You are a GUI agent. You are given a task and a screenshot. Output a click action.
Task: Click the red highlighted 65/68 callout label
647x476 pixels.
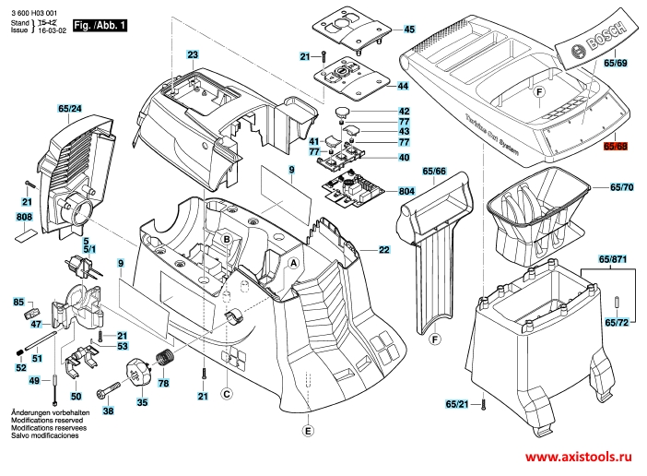[x=616, y=147]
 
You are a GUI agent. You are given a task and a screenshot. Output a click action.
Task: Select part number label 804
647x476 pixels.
[x=406, y=191]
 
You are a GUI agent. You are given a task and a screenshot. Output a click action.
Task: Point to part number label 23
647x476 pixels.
[x=193, y=56]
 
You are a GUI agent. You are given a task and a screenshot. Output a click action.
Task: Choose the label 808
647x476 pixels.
[x=25, y=217]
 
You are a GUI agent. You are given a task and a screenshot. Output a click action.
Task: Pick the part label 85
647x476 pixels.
[x=18, y=303]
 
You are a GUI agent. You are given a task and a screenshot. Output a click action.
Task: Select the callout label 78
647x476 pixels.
[x=164, y=383]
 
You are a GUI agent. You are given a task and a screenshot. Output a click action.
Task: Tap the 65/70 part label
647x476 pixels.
[x=622, y=187]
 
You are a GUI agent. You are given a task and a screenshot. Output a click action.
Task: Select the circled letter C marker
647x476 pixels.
[x=227, y=394]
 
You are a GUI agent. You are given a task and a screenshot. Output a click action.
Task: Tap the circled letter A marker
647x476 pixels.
[x=293, y=263]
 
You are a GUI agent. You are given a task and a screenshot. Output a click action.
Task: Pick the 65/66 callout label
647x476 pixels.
[x=434, y=172]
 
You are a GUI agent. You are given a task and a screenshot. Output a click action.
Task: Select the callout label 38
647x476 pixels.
[x=108, y=411]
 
